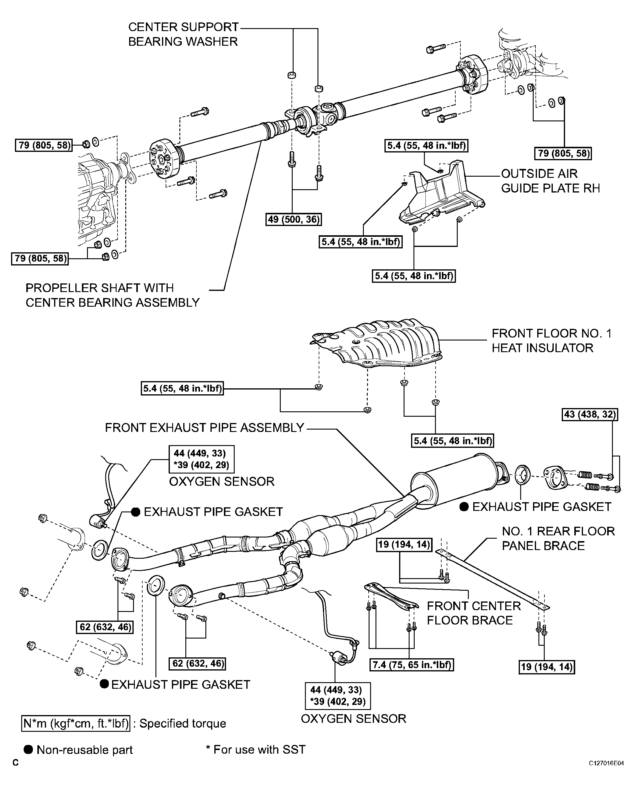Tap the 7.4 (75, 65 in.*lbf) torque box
[x=411, y=665]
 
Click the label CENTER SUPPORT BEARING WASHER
[x=183, y=34]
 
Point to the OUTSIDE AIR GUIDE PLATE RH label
[x=550, y=181]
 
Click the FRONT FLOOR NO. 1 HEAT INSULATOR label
[x=551, y=340]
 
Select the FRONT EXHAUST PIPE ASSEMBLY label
[x=204, y=427]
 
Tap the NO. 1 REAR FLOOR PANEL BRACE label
[x=558, y=538]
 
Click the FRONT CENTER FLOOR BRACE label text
[x=473, y=613]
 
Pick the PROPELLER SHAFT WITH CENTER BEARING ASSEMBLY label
[x=112, y=295]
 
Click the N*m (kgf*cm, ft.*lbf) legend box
[x=76, y=723]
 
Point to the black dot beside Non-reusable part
[x=28, y=750]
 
